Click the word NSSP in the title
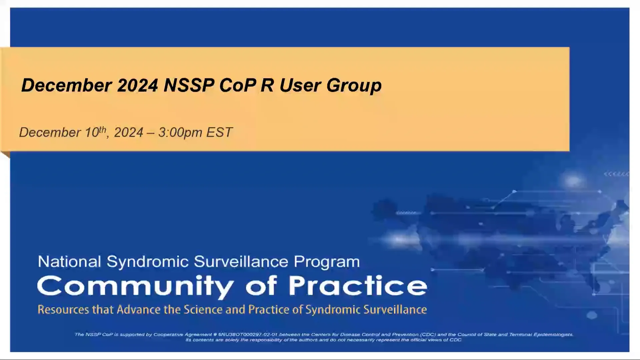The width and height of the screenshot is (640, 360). pos(189,85)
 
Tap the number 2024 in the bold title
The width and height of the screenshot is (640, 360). pos(137,85)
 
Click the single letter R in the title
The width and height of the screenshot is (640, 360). pos(267,85)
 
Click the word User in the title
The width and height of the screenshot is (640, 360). pos(300,85)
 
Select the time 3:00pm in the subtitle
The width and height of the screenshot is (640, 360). pos(180,133)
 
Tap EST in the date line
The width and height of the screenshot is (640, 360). pos(219,133)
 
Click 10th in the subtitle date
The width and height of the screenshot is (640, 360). pos(95,132)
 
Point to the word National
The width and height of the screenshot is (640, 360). pos(69,262)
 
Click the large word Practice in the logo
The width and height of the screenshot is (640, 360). pos(357,286)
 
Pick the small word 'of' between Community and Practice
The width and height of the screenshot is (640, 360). pos(261,286)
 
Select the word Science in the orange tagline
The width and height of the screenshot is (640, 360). pos(203,310)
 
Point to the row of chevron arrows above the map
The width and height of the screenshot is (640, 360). pos(616,174)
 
